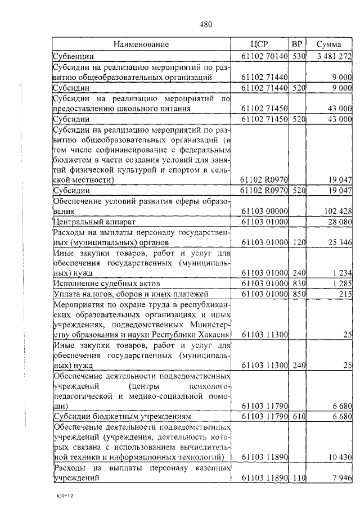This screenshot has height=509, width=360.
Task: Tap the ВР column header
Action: click(298, 44)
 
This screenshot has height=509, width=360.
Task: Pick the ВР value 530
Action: click(298, 56)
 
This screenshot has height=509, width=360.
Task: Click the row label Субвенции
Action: click(73, 56)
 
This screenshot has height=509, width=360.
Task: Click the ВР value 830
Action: click(298, 283)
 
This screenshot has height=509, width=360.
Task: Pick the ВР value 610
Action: click(298, 417)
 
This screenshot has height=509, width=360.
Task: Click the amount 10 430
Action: click(340, 457)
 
